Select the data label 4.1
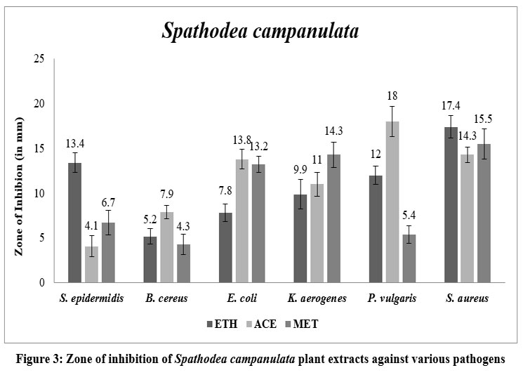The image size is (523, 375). (x=92, y=226)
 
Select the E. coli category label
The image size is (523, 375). (x=241, y=298)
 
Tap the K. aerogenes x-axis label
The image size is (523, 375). (x=317, y=298)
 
